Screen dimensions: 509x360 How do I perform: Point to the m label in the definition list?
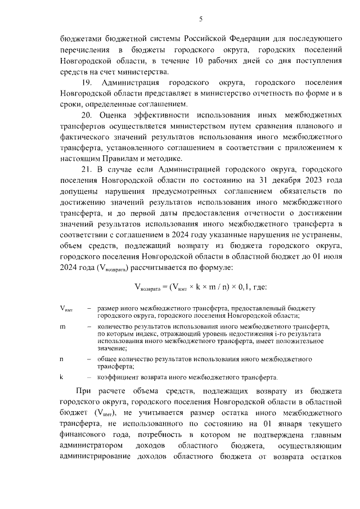pyautogui.click(x=62, y=326)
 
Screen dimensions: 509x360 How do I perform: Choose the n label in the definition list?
pyautogui.click(x=62, y=358)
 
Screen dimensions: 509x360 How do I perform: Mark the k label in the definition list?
pyautogui.click(x=61, y=376)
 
